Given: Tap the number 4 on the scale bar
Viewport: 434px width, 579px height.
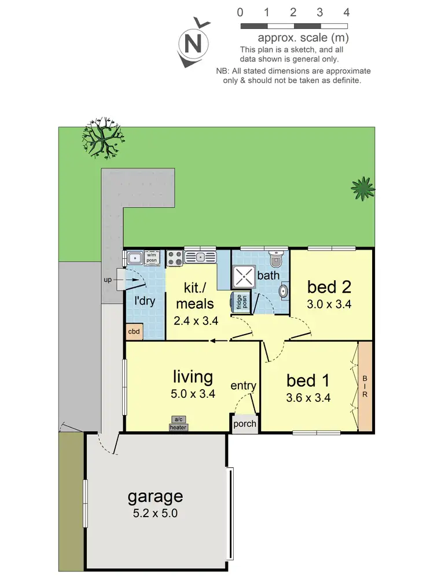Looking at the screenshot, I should click(x=347, y=12).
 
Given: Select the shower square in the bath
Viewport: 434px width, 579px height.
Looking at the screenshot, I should click(x=243, y=276).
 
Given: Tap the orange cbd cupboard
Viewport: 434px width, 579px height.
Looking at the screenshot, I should click(x=134, y=332).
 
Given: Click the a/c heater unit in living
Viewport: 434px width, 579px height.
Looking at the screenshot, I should click(x=178, y=424).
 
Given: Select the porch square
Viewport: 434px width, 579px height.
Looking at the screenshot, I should click(x=244, y=423).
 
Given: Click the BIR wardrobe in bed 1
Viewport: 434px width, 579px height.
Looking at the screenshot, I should click(x=365, y=386).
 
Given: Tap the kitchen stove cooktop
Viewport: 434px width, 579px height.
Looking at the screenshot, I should click(x=175, y=258).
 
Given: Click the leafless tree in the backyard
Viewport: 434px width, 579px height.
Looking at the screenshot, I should click(x=103, y=140).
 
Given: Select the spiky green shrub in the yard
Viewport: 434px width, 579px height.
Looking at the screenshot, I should click(x=363, y=188).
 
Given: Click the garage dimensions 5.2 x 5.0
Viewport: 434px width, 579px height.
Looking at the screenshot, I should click(x=155, y=512).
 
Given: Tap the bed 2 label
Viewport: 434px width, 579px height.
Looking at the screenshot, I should click(x=329, y=287).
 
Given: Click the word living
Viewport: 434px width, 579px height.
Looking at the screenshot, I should click(x=193, y=377).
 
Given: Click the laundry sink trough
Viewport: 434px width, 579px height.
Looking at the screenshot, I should click(x=135, y=258).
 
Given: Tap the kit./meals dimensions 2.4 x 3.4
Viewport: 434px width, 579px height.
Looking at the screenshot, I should click(x=196, y=320).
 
